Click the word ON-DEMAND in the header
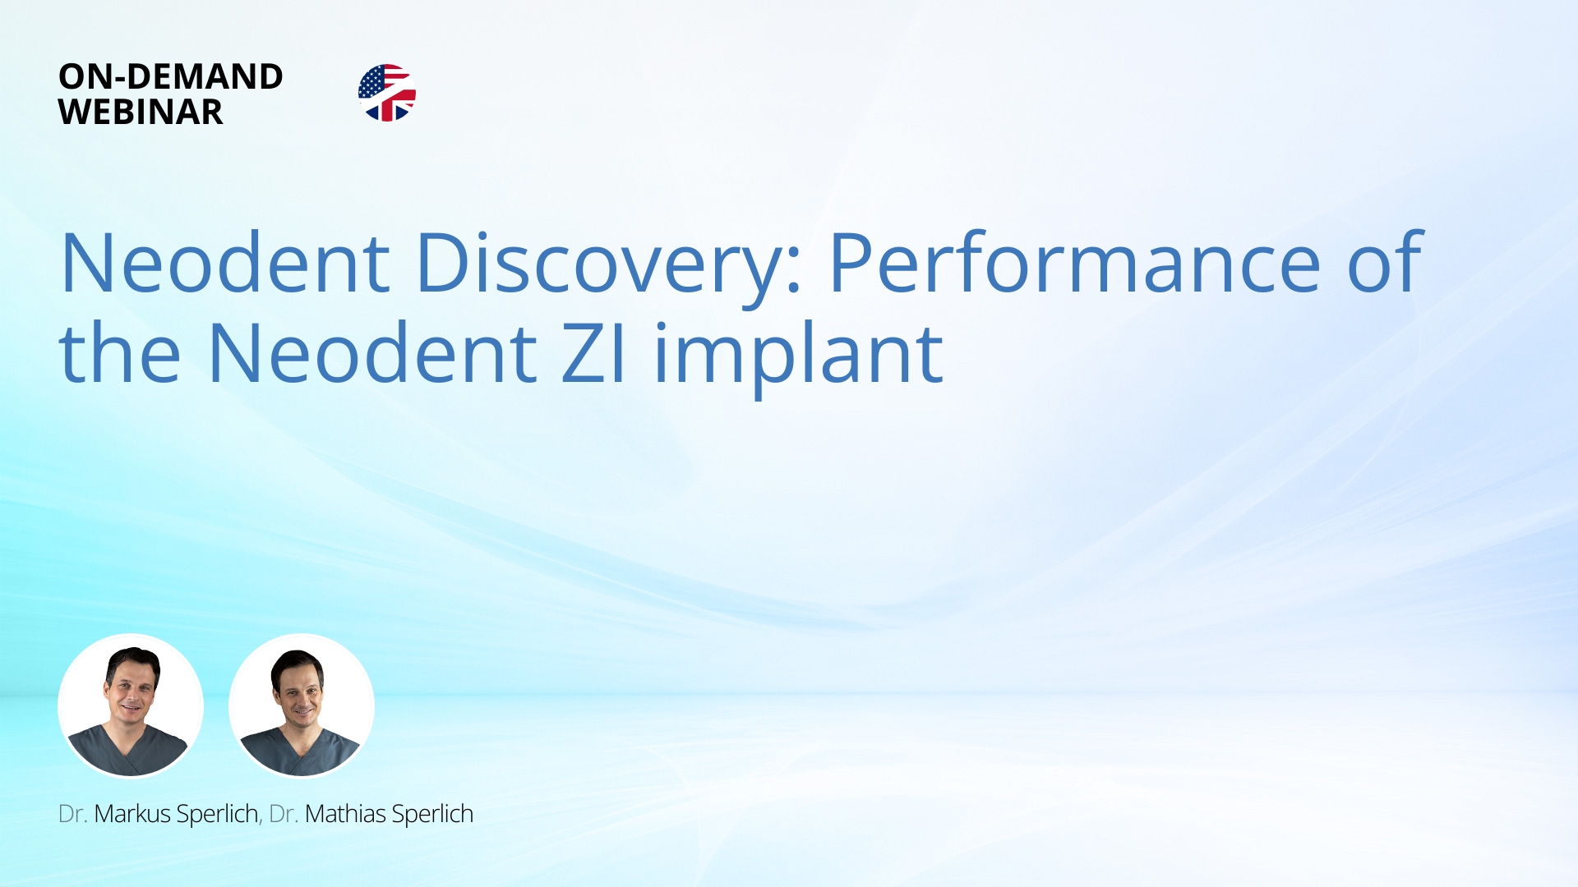pos(171,76)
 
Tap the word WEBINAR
pos(141,112)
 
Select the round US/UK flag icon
pos(387,93)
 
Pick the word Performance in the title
pos(1074,263)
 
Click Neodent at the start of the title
pos(225,263)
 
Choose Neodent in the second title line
pos(372,353)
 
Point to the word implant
pos(799,359)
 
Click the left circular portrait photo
pos(131,705)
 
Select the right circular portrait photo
pos(302,705)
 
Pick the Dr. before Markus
pos(73,814)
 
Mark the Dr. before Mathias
pos(284,814)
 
